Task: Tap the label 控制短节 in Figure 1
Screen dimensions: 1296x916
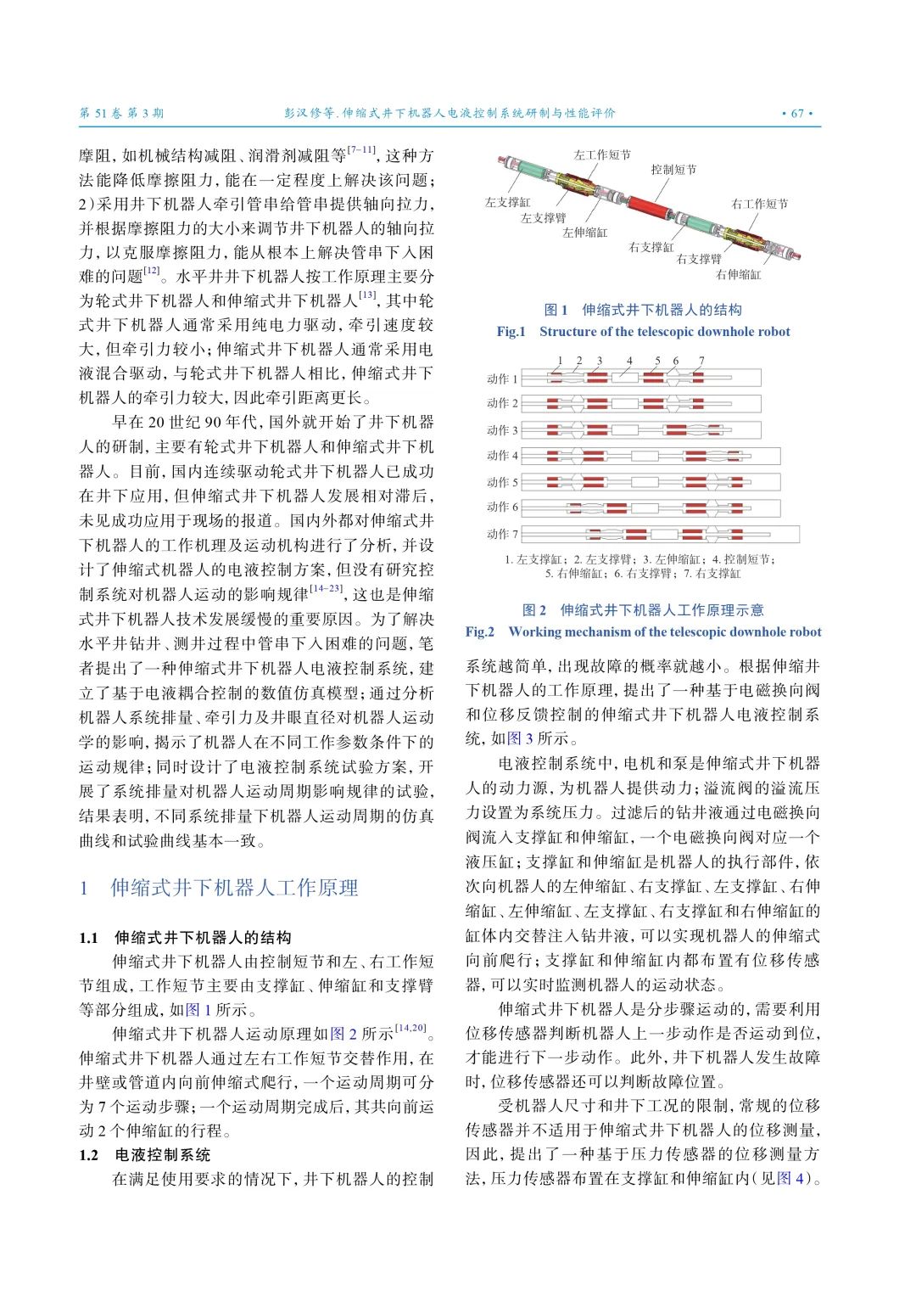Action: pos(673,170)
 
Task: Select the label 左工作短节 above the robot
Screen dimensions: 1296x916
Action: pos(601,155)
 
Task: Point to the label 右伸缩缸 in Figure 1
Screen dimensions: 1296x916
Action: pos(738,275)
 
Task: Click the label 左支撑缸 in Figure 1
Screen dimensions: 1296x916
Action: pos(507,202)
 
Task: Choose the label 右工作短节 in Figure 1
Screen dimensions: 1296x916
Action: pos(759,204)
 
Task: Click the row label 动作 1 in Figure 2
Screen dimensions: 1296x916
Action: pos(501,379)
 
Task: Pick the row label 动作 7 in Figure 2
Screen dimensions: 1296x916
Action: pos(501,534)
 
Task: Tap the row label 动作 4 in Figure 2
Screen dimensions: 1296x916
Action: pos(501,456)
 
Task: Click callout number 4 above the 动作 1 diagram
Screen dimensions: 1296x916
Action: pos(629,361)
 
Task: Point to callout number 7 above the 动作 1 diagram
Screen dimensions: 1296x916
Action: pos(701,361)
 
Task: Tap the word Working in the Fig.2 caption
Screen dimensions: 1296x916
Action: pos(532,631)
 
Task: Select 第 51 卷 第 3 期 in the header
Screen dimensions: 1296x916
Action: pos(121,113)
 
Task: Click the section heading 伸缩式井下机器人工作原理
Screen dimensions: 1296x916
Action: pos(234,888)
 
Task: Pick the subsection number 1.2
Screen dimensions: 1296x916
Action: pos(89,1155)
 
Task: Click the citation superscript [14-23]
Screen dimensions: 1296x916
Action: pos(327,589)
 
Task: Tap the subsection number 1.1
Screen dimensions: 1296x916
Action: pos(89,938)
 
